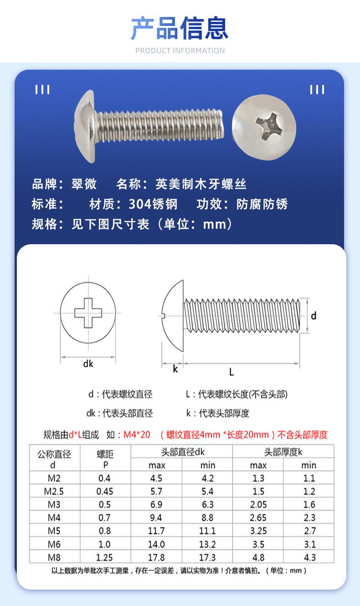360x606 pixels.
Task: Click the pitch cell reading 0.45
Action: coord(105,491)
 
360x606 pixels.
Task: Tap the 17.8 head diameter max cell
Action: coord(156,557)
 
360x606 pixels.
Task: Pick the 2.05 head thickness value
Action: coord(258,504)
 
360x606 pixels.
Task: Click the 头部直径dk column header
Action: coord(183,452)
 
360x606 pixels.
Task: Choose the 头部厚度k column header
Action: coord(283,452)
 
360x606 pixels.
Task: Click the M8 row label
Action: coord(54,557)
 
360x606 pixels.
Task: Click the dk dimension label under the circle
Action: coord(88,364)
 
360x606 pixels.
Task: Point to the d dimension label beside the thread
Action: coord(314,315)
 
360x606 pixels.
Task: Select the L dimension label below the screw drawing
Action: coord(231,372)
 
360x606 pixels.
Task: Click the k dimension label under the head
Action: coord(175,369)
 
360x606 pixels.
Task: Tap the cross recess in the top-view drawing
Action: coord(88,313)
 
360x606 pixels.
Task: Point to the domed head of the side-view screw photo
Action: coord(85,126)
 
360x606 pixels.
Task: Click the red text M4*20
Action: coord(137,435)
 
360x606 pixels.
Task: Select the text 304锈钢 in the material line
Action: coord(153,204)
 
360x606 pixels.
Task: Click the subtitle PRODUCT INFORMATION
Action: coord(180,51)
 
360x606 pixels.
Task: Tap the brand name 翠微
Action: coord(84,184)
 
